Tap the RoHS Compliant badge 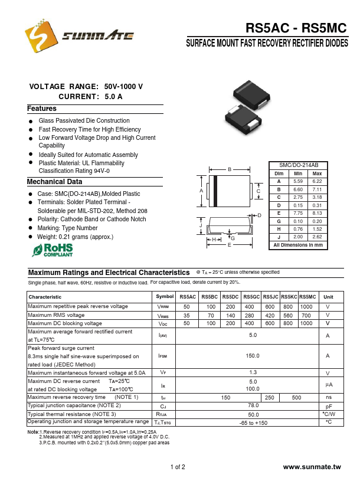click(x=53, y=250)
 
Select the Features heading click(x=42, y=109)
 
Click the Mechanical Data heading click(x=55, y=182)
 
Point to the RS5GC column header click(x=251, y=296)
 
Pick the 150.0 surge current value click(x=253, y=356)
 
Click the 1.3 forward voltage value click(x=253, y=372)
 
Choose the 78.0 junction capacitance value click(x=253, y=406)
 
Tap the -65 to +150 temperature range click(x=253, y=423)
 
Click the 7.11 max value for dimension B click(x=317, y=189)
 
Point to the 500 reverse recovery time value click(x=296, y=398)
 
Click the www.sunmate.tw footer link click(x=312, y=467)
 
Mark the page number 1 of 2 click(x=178, y=467)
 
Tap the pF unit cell click(x=329, y=407)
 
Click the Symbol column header click(x=165, y=296)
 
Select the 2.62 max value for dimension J click(x=317, y=236)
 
